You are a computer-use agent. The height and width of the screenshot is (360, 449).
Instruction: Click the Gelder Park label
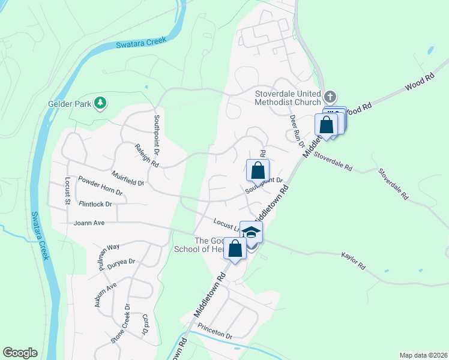pos(69,103)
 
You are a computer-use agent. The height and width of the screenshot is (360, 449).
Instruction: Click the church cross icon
pos(329,97)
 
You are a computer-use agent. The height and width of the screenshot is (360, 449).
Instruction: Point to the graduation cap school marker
pos(251,232)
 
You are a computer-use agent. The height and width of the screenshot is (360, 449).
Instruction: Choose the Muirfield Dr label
pos(128,178)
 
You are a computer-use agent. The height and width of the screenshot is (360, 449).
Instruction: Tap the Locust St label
pos(67,190)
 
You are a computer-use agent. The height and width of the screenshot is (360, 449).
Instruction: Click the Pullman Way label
pos(110,254)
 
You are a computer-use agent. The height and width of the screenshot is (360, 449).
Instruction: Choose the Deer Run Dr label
pos(296,128)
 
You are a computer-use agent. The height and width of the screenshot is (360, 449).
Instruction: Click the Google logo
pos(20,353)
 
